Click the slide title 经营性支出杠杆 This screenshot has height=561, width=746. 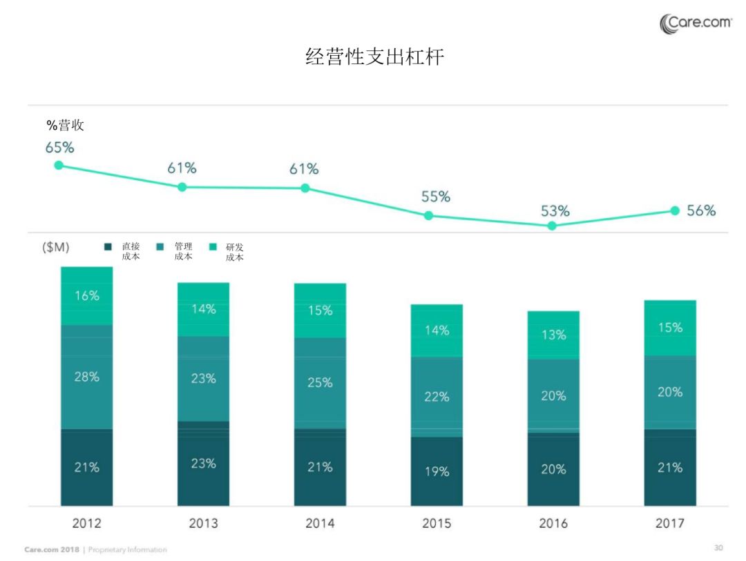pyautogui.click(x=374, y=57)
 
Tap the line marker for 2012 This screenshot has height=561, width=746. pyautogui.click(x=59, y=165)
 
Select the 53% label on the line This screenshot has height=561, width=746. pyautogui.click(x=555, y=211)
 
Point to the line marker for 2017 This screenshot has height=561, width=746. pyautogui.click(x=675, y=210)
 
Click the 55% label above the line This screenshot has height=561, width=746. pyautogui.click(x=436, y=197)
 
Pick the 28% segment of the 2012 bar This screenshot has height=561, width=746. pyautogui.click(x=87, y=377)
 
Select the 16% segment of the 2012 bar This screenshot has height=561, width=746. pyautogui.click(x=87, y=295)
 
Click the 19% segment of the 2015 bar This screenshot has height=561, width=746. pyautogui.click(x=437, y=471)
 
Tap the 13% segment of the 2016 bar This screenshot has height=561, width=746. pyautogui.click(x=553, y=335)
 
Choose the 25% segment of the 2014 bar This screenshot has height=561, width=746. pyautogui.click(x=320, y=382)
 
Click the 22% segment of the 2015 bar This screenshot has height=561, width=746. pyautogui.click(x=437, y=397)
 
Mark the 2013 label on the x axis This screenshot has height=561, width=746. pyautogui.click(x=203, y=524)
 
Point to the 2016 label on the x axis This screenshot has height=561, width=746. pyautogui.click(x=553, y=524)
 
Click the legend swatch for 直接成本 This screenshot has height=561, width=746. pyautogui.click(x=108, y=246)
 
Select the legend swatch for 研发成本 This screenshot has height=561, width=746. pyautogui.click(x=213, y=246)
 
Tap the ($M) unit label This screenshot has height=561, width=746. pyautogui.click(x=55, y=247)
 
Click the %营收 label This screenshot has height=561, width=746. pyautogui.click(x=65, y=126)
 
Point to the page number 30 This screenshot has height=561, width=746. pyautogui.click(x=718, y=548)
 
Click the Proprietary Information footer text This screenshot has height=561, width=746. pyautogui.click(x=128, y=550)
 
